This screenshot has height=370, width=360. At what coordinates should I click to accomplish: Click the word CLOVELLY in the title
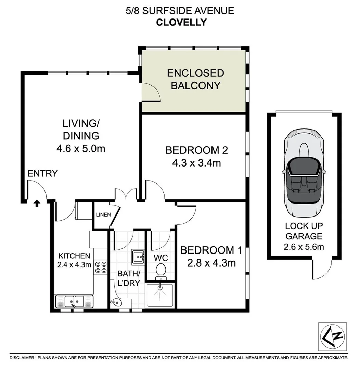(181, 23)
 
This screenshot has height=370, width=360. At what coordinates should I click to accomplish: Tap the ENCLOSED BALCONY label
(195, 79)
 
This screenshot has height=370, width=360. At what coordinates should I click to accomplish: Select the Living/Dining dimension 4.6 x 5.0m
(81, 149)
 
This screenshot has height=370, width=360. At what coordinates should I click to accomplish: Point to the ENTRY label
(43, 174)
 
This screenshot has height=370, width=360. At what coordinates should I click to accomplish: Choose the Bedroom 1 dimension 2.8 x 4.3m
(211, 263)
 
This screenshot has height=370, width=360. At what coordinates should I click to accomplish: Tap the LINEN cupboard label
(103, 215)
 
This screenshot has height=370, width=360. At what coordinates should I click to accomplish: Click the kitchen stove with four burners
(100, 268)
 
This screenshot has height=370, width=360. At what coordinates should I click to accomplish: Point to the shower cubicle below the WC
(160, 295)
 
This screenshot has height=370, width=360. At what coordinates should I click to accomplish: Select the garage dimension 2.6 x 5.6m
(304, 246)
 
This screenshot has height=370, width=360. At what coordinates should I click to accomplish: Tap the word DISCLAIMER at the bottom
(22, 358)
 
